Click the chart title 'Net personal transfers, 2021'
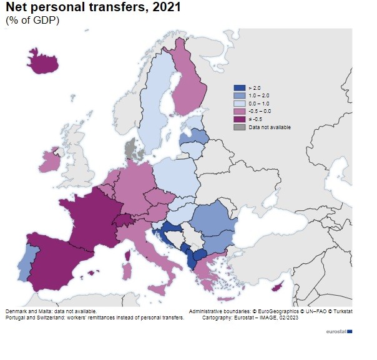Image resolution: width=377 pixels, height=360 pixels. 86,8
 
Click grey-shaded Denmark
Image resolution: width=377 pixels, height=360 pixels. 130,150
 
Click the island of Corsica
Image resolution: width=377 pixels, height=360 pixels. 128,255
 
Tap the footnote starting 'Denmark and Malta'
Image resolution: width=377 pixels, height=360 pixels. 51,311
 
